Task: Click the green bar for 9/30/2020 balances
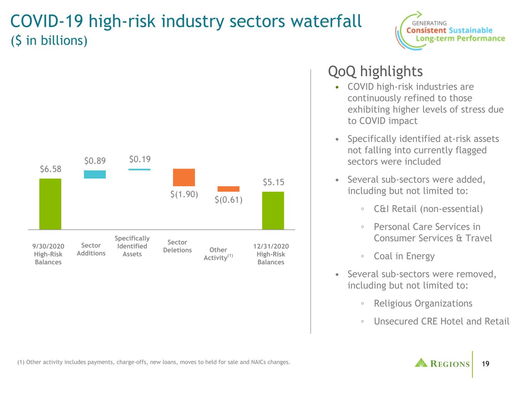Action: pos(50,204)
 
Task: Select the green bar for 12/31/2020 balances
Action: pos(273,210)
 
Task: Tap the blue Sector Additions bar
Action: pos(95,174)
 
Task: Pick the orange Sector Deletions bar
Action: pos(184,177)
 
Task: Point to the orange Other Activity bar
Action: pos(229,189)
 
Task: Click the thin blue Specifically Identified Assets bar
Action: pos(139,170)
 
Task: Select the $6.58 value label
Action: pos(50,169)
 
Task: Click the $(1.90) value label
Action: pos(184,194)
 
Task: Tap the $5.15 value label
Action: pos(274,182)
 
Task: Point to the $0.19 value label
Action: pos(140,159)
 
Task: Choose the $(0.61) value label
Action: pos(229,200)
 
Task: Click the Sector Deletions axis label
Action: pos(177,246)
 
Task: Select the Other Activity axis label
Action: pos(218,254)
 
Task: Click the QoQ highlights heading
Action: pos(375,72)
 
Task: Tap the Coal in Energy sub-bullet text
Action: pos(404,256)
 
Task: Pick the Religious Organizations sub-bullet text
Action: pos(423,303)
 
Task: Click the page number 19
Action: pos(486,364)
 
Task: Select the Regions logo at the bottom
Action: pos(442,363)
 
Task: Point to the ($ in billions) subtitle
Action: pos(49,40)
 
